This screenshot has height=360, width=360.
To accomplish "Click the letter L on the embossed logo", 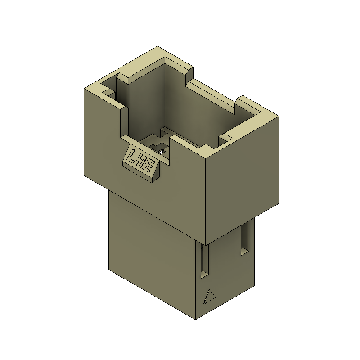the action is click(133, 156).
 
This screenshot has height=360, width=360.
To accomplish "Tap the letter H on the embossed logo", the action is click(141, 161).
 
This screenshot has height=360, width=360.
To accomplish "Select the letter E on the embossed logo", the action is click(149, 166).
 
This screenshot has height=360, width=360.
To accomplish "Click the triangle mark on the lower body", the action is click(209, 297).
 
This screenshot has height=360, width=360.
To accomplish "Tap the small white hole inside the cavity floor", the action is click(161, 152).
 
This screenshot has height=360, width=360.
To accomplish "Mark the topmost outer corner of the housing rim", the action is click(157, 46).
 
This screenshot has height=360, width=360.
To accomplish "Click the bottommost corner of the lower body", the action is click(195, 319).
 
